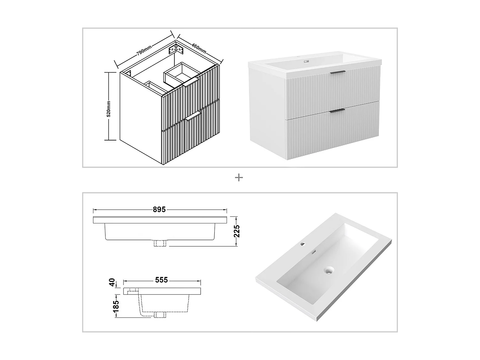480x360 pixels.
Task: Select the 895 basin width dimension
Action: [x=159, y=210]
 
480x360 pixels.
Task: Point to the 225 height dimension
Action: [x=237, y=231]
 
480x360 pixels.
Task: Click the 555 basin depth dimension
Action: [x=161, y=280]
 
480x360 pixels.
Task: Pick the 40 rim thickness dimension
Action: [x=112, y=283]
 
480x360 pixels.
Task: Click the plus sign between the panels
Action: [x=239, y=178]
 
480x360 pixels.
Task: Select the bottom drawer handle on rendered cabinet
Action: [x=337, y=110]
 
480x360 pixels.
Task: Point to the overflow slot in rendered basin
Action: [x=314, y=252]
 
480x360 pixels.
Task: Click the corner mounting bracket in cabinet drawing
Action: [x=176, y=49]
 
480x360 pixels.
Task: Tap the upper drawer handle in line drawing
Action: [x=191, y=84]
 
